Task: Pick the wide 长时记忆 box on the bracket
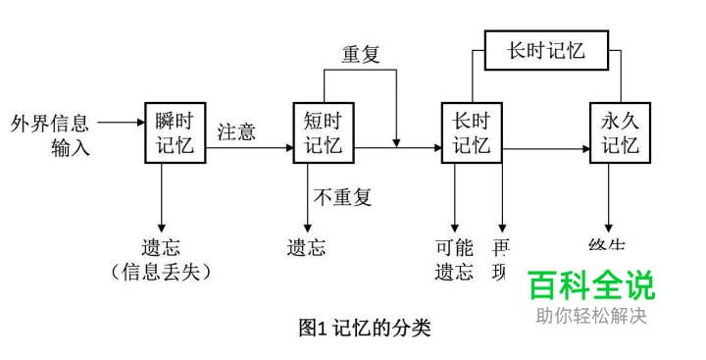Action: (x=546, y=49)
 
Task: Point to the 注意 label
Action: (x=236, y=130)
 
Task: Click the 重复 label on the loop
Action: (x=360, y=55)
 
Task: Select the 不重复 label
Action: (x=343, y=197)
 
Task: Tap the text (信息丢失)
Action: (x=161, y=272)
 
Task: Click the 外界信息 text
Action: (x=50, y=124)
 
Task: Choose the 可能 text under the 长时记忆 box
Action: (x=454, y=248)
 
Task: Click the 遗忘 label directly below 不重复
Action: (x=306, y=248)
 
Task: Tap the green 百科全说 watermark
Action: (x=591, y=285)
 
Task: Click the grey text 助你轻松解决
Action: (x=591, y=316)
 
